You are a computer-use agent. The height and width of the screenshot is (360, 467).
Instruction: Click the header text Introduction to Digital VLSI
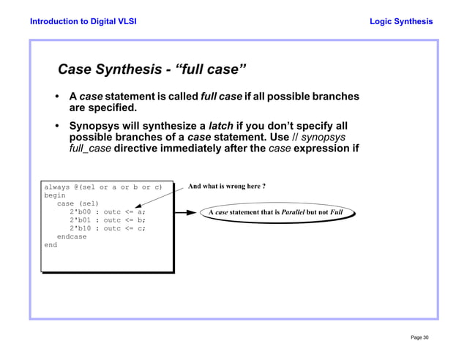coord(83,21)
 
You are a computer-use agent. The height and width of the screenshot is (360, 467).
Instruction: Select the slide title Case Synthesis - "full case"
coord(152,70)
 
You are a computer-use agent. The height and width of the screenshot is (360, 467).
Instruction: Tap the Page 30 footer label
coord(419,337)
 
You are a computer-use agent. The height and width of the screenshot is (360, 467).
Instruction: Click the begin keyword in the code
coord(55,195)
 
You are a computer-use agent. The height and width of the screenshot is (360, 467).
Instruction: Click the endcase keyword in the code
coord(72,237)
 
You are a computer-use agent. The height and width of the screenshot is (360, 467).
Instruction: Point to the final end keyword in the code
coord(51,245)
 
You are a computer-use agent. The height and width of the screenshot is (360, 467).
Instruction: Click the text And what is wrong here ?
coord(226,187)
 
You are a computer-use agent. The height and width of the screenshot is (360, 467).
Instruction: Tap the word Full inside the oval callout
coord(337,213)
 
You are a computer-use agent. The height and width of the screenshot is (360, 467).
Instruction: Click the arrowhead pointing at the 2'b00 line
coord(138,209)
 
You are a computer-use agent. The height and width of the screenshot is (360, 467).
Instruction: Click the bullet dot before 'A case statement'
coord(57,97)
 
